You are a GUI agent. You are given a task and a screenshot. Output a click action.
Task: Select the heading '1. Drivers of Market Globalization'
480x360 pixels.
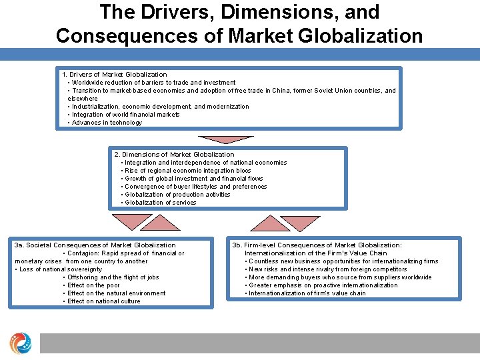tap(114, 75)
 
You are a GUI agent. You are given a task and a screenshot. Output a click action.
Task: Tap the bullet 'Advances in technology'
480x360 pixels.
tap(107, 123)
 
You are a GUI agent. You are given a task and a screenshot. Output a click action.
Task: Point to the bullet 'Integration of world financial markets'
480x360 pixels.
tap(125, 115)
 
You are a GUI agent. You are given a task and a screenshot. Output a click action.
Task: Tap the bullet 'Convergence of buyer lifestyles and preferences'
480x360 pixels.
tap(195, 187)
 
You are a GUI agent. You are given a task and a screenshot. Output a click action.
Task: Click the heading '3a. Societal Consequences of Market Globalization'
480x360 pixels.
tap(95, 245)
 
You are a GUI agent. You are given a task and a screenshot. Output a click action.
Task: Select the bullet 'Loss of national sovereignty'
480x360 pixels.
tap(60, 269)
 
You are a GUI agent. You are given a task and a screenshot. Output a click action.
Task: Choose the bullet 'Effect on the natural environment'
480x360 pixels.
tap(116, 293)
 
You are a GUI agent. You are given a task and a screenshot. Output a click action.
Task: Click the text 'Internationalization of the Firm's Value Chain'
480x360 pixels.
tap(315, 253)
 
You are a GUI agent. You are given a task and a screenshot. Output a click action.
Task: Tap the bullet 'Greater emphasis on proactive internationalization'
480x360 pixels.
tap(323, 285)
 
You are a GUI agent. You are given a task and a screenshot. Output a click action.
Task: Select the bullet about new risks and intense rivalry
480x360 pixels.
tap(327, 269)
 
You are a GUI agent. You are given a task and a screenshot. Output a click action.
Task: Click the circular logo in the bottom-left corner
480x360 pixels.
tap(20, 343)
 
